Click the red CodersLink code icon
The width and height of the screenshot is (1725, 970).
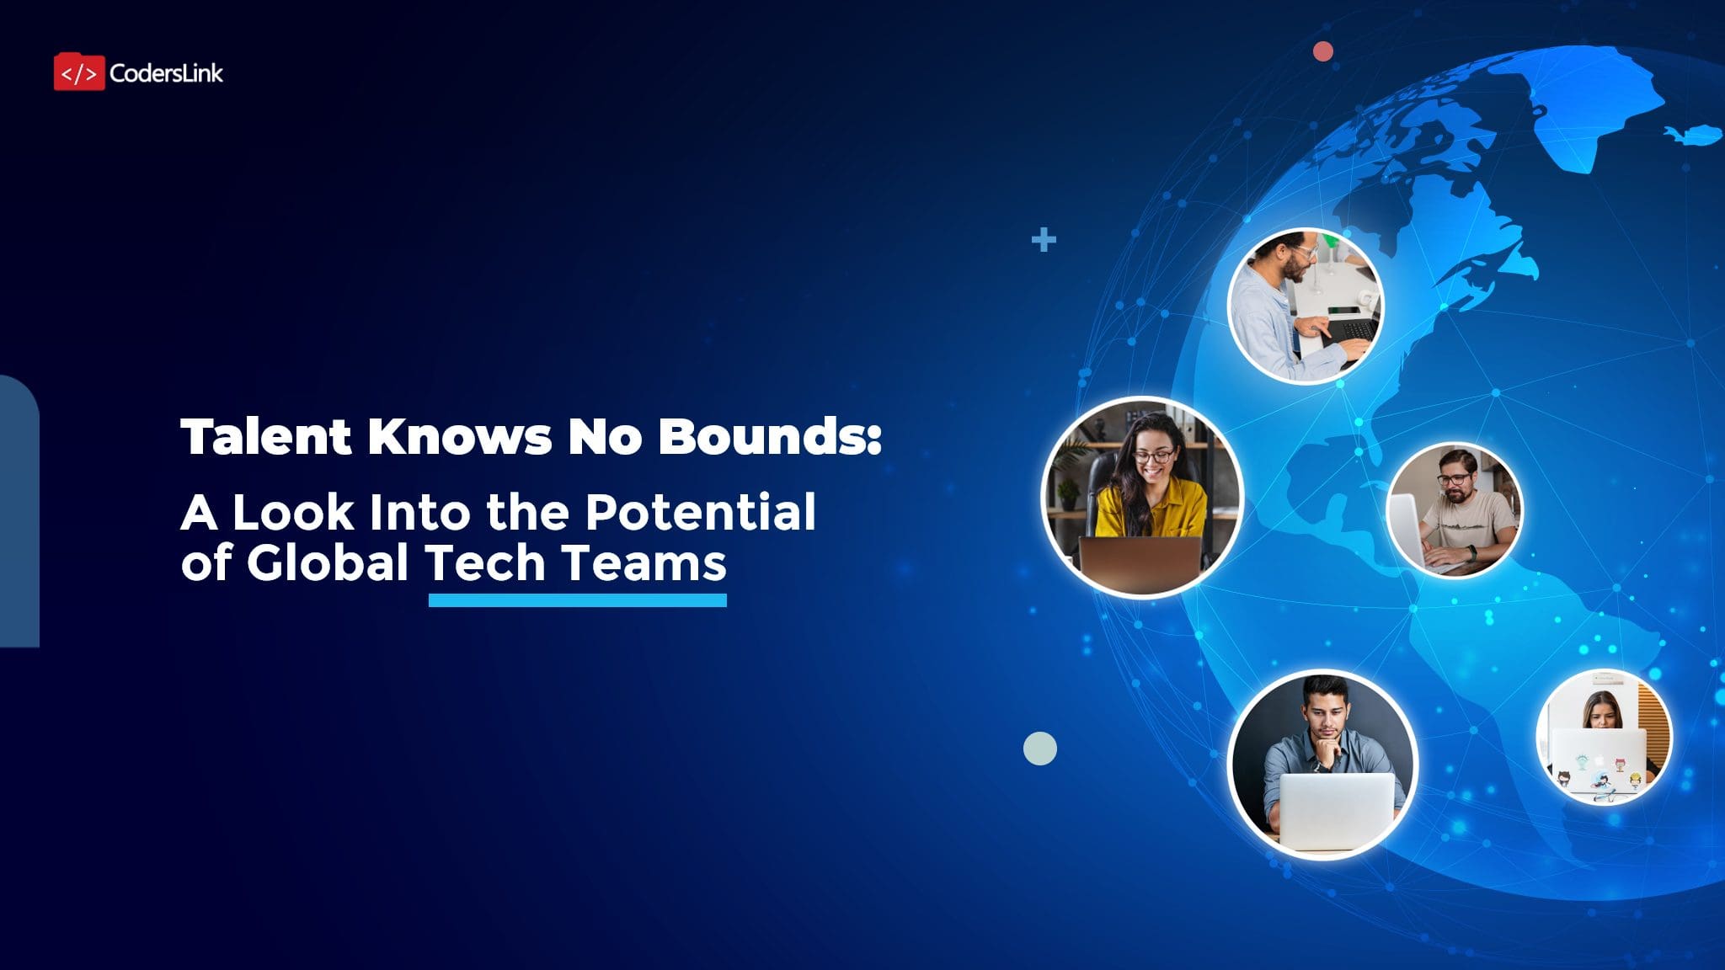79,72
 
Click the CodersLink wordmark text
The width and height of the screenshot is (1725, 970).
166,73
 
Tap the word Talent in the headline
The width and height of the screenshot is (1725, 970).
265,436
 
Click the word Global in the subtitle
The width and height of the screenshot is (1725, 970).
328,562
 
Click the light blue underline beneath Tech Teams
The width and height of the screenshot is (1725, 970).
577,600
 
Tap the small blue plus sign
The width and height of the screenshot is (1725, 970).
1044,240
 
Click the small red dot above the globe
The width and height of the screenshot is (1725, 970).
1323,51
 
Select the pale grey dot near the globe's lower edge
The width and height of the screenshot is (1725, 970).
1039,749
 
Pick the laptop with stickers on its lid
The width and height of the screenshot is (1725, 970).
1598,760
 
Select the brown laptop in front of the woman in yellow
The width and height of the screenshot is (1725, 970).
1140,562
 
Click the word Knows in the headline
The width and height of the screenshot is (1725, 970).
459,436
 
